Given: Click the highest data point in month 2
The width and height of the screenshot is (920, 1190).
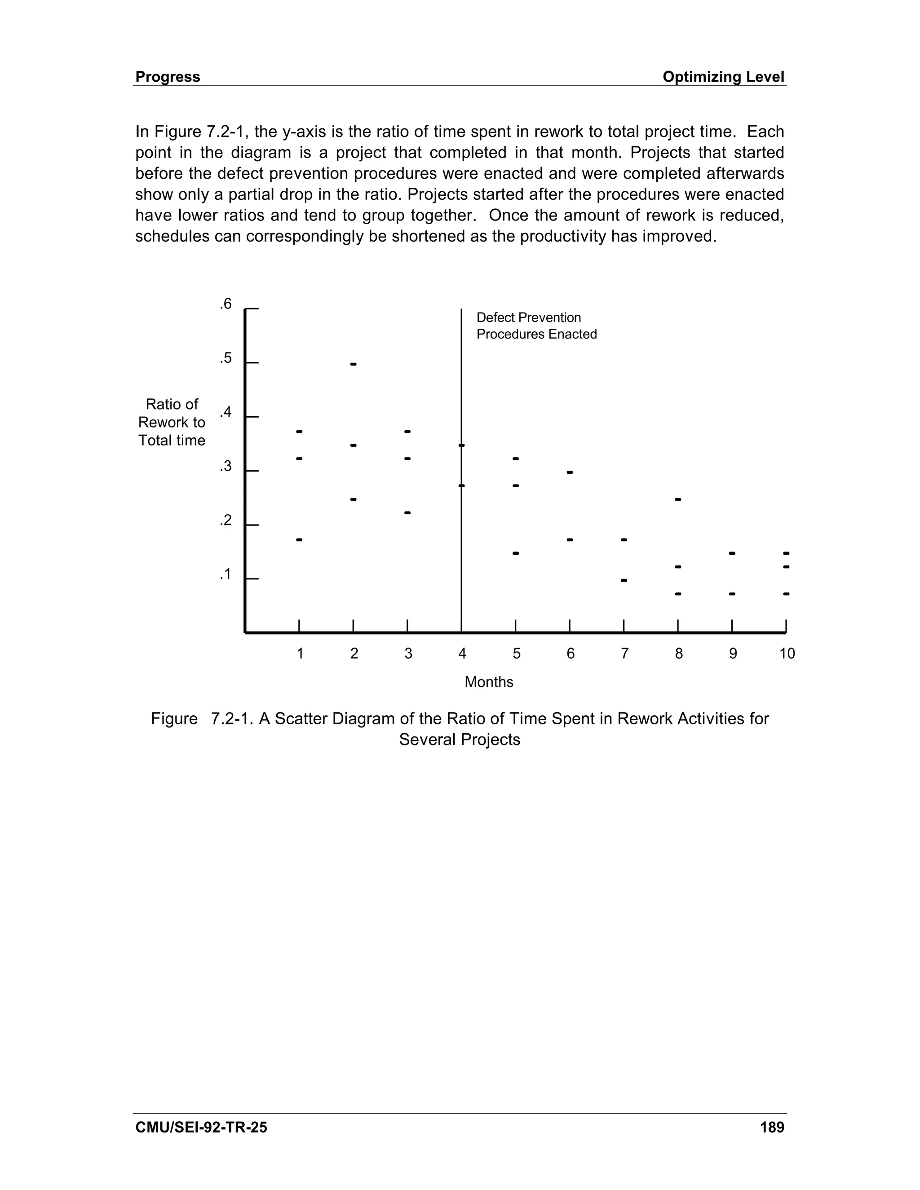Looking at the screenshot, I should [353, 364].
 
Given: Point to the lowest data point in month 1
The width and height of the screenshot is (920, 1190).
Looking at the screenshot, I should [299, 539].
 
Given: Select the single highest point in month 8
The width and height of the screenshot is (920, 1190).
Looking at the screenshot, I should [678, 499].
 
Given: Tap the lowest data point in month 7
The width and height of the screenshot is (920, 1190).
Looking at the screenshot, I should [624, 580].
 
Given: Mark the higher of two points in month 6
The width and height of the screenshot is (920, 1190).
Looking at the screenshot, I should [570, 472].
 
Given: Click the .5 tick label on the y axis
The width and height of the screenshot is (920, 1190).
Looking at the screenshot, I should [226, 358].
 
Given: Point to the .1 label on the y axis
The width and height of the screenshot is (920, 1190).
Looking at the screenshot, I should [226, 574].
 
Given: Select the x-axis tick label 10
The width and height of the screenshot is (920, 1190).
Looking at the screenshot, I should [787, 654].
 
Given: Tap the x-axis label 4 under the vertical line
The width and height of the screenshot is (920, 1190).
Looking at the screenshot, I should [462, 654].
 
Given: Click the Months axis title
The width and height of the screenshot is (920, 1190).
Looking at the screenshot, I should [489, 682].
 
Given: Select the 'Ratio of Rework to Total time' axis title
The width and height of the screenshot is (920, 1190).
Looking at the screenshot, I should [172, 422].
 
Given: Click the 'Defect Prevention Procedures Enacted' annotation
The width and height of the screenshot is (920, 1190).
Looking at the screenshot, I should [536, 326].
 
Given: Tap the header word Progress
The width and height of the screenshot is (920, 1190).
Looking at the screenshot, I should [168, 77].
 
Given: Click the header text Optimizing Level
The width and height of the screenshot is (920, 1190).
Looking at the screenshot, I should [723, 77].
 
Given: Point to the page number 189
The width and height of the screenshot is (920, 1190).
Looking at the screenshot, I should [772, 1127].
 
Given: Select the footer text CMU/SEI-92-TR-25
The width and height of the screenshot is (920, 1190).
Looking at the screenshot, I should [201, 1127].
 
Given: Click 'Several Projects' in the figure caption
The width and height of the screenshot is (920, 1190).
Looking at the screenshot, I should [460, 740].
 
